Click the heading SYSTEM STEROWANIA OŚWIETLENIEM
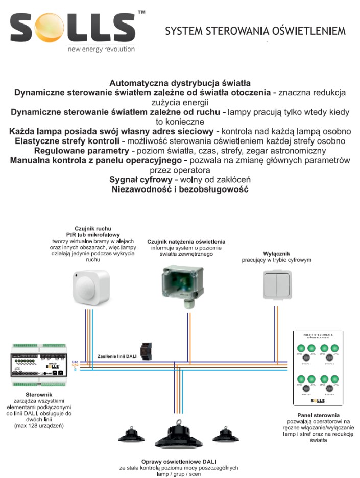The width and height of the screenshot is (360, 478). (x=255, y=31)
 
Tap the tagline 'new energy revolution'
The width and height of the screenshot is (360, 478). (x=101, y=49)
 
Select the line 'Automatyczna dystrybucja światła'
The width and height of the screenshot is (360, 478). (x=180, y=83)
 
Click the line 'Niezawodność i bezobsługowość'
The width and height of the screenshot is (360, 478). (x=180, y=189)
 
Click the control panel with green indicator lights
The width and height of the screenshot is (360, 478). (x=318, y=367)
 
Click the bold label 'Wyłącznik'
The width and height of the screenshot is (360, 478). (x=276, y=253)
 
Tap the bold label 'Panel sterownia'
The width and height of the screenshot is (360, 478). (x=318, y=415)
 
